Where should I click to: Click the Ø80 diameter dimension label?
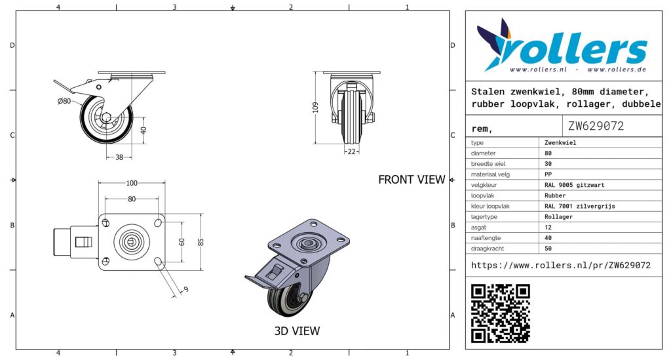click(x=64, y=101)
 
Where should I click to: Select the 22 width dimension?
click(x=352, y=151)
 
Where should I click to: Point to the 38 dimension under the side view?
click(x=119, y=157)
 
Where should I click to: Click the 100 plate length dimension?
click(x=132, y=183)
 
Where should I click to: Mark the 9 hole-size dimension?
click(x=185, y=289)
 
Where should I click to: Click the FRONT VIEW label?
click(x=411, y=180)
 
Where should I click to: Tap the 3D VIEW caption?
click(x=297, y=331)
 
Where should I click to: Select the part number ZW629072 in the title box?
click(x=596, y=126)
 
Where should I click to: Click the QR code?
click(x=501, y=313)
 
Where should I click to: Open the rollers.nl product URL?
click(x=561, y=266)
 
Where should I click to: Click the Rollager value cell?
click(x=558, y=216)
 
